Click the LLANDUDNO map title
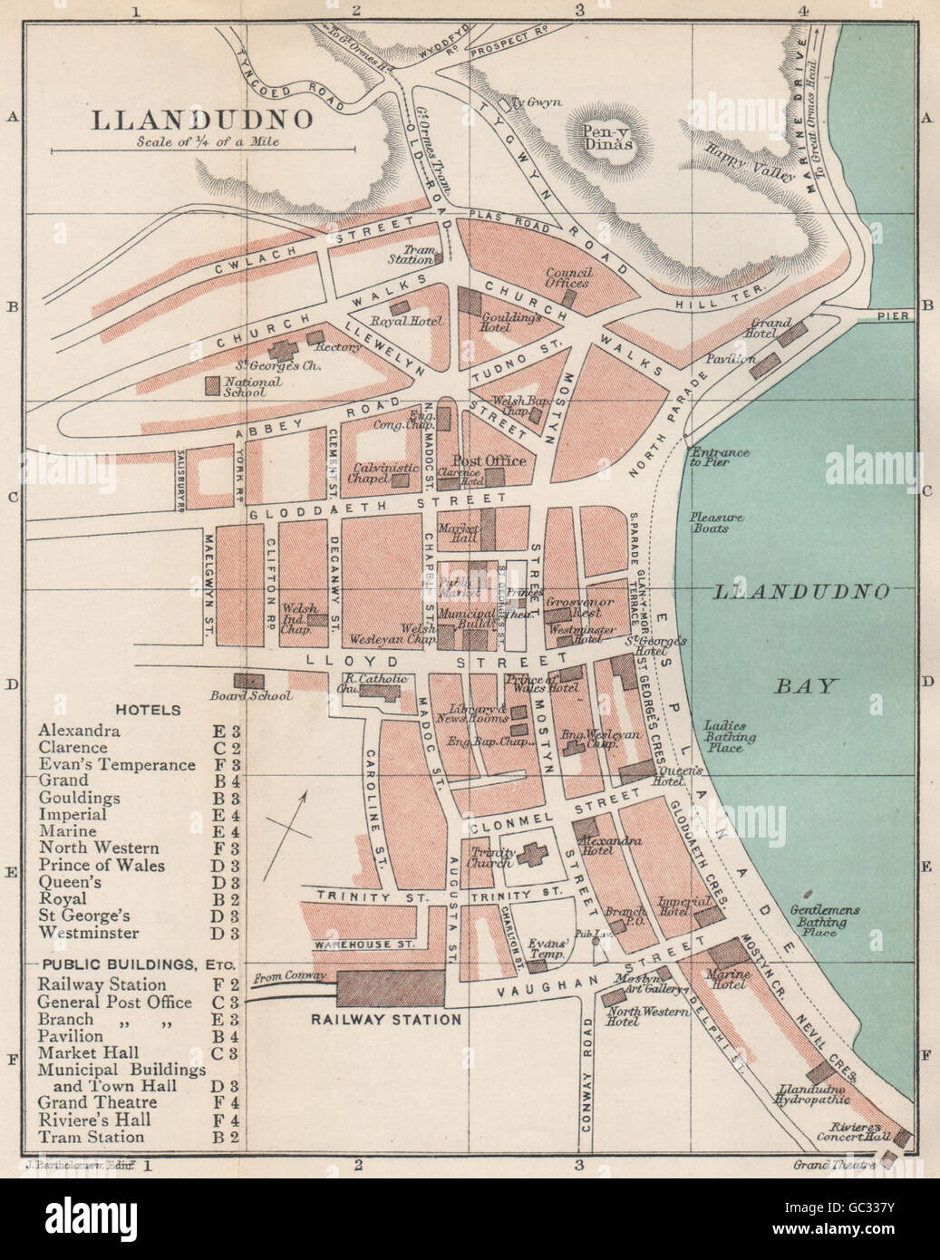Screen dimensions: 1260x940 203,121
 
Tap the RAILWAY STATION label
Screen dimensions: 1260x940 386,1019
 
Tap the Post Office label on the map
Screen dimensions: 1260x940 489,460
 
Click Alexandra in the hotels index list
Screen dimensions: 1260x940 80,731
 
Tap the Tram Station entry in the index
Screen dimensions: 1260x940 91,1137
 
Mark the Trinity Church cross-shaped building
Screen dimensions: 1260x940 528,853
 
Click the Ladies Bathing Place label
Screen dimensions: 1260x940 726,736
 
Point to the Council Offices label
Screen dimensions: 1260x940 568,277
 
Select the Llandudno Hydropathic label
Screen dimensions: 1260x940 811,1093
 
